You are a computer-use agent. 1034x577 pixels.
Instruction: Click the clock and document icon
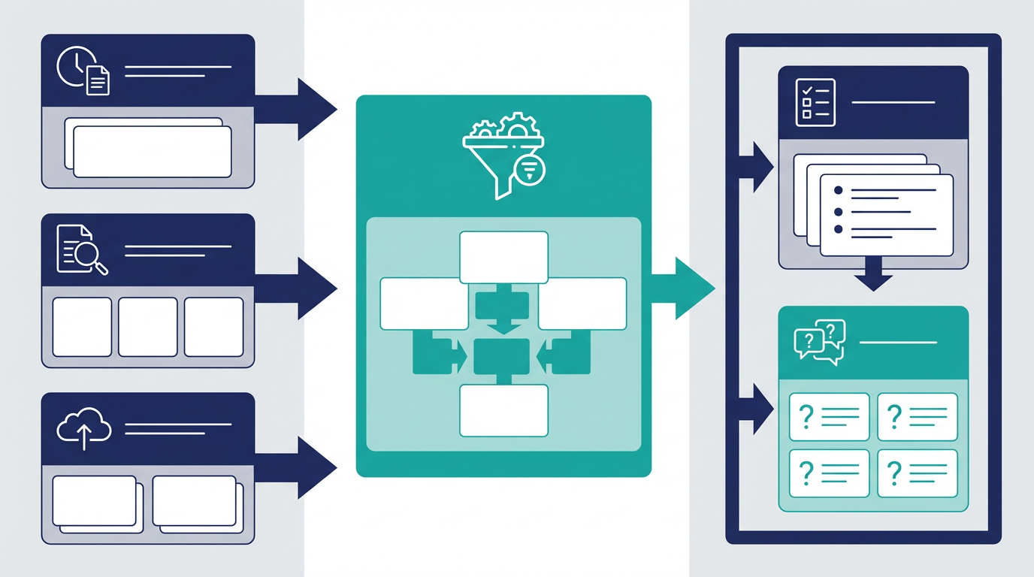(x=83, y=71)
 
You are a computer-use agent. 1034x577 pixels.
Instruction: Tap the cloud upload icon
(x=83, y=429)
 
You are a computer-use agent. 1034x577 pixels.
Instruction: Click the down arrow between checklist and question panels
(x=873, y=276)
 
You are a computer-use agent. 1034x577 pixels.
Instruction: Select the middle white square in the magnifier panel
(x=148, y=327)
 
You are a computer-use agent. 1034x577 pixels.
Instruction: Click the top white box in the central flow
(x=503, y=257)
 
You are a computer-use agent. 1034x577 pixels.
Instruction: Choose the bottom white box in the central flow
(x=503, y=410)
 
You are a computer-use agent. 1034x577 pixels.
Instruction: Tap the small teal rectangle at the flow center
(x=502, y=356)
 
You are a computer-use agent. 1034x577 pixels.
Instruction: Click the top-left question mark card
(x=830, y=417)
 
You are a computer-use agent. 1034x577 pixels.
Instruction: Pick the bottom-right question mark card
(x=918, y=473)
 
